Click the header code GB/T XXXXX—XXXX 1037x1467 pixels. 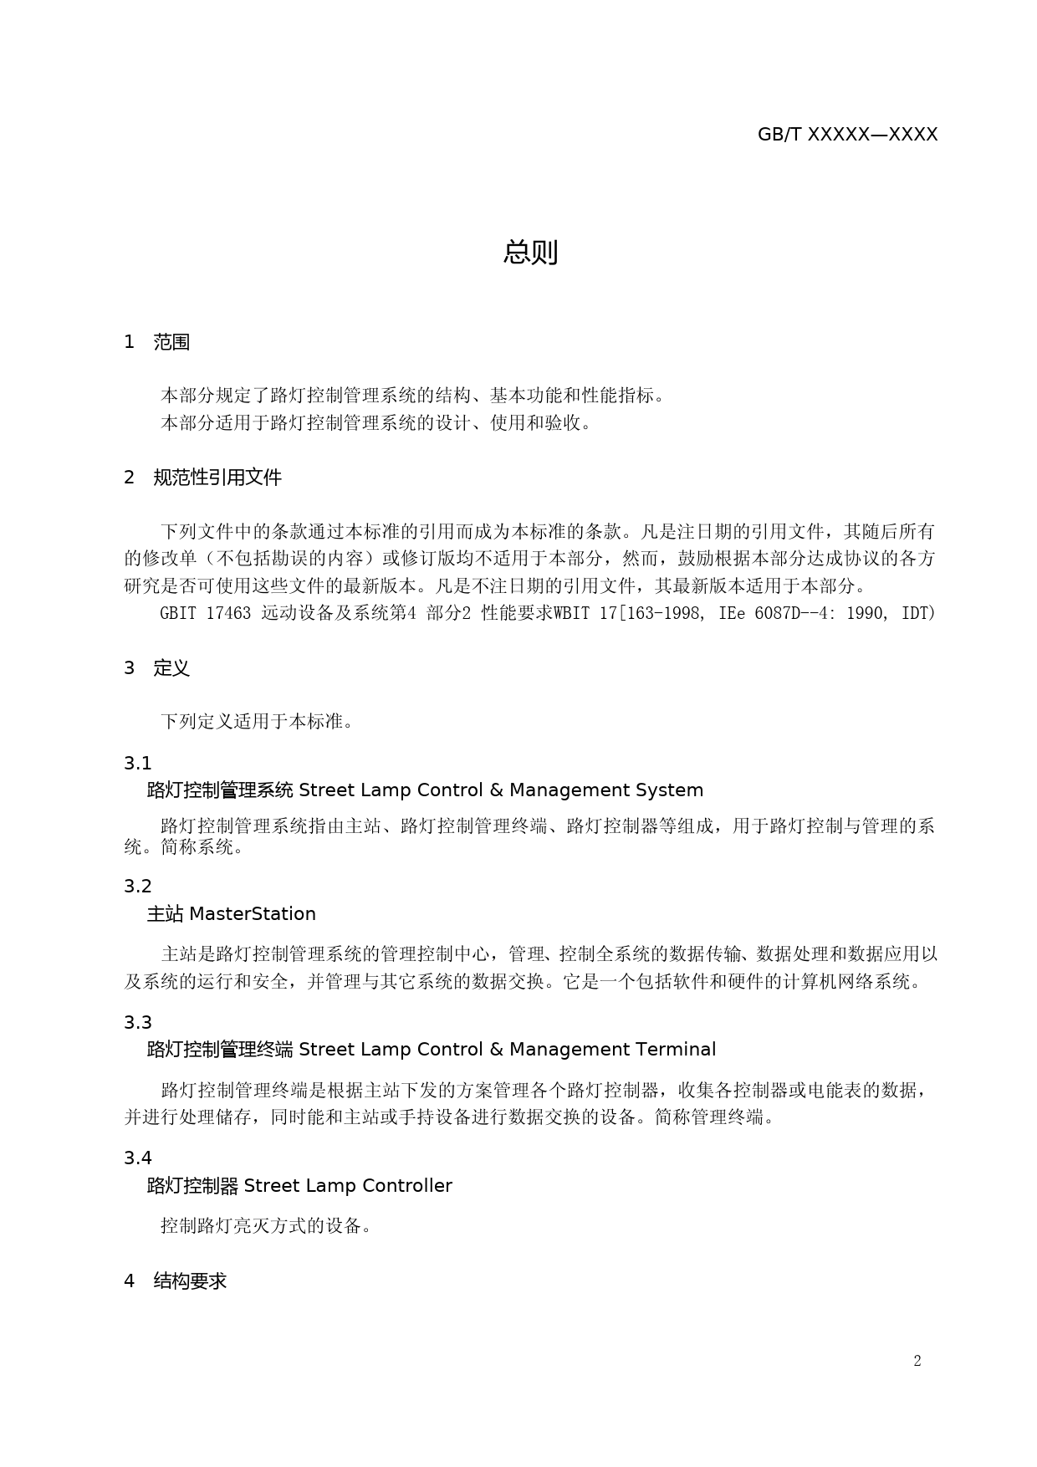(847, 135)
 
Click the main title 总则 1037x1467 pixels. (530, 252)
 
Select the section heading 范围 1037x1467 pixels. (171, 342)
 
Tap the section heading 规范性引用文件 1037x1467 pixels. (217, 478)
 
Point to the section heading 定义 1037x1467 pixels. (171, 668)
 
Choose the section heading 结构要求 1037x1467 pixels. (190, 1281)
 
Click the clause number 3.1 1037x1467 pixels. (138, 764)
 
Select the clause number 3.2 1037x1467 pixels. (138, 887)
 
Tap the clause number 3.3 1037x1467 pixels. (138, 1023)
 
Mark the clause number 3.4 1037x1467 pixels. (138, 1158)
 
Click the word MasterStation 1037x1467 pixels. (253, 914)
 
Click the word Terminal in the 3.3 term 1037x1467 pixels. (676, 1050)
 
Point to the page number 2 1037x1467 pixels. (917, 1361)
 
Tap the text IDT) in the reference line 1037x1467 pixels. (918, 613)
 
